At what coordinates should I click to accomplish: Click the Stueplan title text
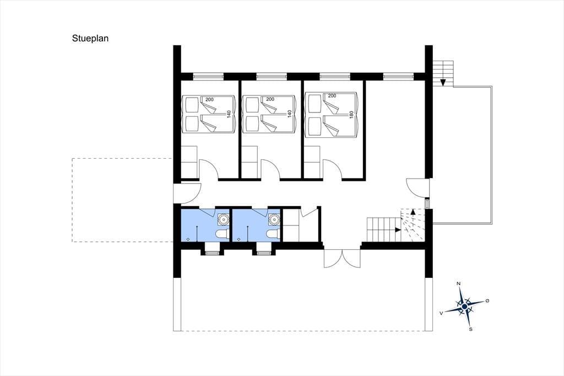90,39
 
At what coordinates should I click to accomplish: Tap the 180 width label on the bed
351,115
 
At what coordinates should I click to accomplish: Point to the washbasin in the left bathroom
224,219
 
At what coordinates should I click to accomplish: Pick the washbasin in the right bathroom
274,219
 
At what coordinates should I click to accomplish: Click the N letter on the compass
458,284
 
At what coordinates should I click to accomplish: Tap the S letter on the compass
470,329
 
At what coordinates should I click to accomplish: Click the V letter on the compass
441,313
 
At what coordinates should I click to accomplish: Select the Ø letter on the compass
487,300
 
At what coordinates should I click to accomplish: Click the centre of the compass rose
464,307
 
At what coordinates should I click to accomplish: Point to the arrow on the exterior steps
443,82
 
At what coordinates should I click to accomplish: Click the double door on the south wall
342,258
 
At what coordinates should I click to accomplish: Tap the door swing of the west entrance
187,192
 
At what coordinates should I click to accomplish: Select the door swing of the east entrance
417,187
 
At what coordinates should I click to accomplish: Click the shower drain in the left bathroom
188,238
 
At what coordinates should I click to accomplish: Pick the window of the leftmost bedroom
208,76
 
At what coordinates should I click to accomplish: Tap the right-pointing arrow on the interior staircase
398,229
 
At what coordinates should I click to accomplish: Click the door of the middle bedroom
270,169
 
